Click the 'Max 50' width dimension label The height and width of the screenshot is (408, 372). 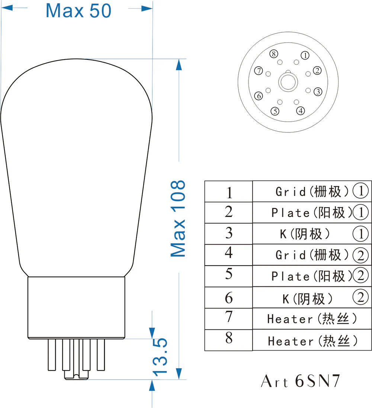click(78, 11)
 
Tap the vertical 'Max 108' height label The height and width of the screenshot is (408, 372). click(178, 218)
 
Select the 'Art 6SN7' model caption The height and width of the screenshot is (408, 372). click(301, 381)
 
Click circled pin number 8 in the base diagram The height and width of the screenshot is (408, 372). click(273, 54)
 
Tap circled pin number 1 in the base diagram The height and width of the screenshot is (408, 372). click(305, 55)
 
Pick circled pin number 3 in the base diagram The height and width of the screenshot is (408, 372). click(318, 91)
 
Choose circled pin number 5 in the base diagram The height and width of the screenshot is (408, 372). click(275, 111)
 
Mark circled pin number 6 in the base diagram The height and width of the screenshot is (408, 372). click(259, 96)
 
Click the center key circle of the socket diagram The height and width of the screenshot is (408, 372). click(288, 82)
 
